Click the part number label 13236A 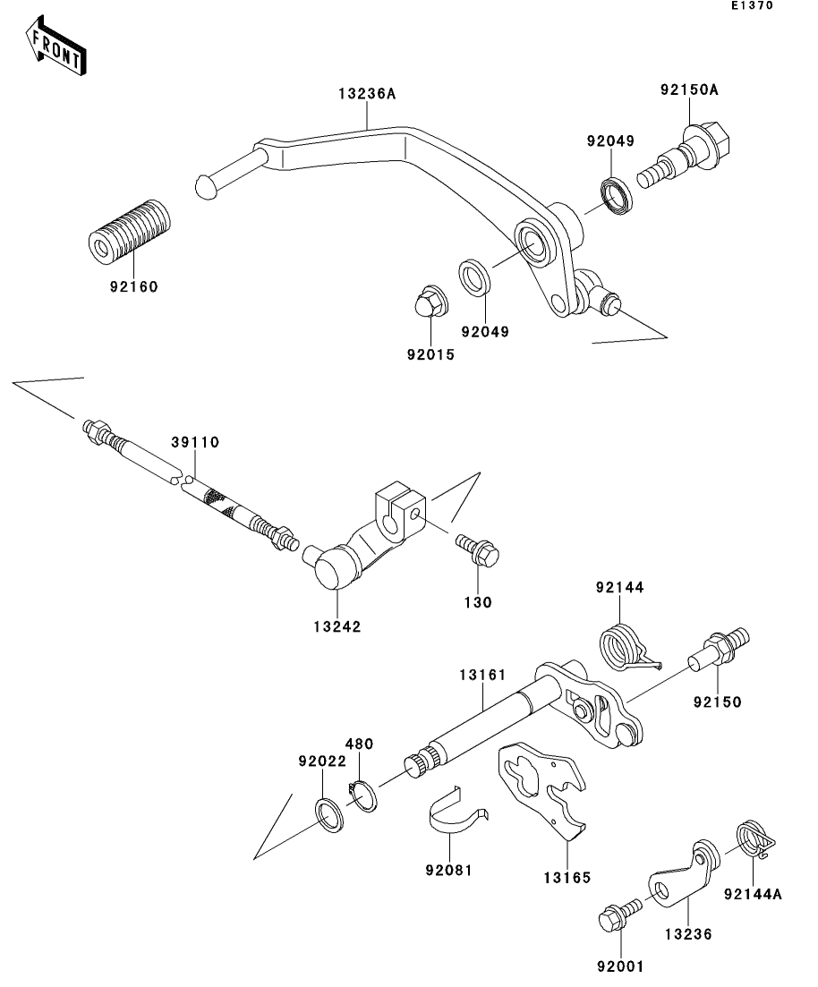tap(367, 93)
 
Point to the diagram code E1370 tap(750, 6)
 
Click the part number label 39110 tap(196, 442)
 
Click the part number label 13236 tap(687, 933)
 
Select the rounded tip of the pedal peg tap(207, 186)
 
